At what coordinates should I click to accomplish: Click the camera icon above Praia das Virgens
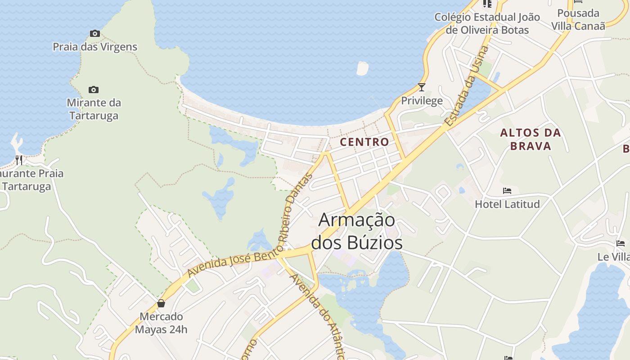click(94, 33)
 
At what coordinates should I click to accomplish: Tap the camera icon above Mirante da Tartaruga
click(94, 90)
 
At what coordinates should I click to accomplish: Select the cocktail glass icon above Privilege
click(422, 87)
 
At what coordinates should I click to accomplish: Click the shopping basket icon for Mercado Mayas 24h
click(161, 303)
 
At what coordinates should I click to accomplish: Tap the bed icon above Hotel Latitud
click(507, 191)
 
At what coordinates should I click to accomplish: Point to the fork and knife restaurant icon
click(19, 160)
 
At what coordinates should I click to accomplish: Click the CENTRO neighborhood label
click(364, 142)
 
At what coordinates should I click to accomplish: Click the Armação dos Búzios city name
click(357, 231)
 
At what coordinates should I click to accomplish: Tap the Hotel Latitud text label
click(507, 204)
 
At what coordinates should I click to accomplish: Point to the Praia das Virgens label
click(94, 47)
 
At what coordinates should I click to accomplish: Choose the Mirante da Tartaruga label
click(94, 109)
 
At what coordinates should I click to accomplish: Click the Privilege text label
click(422, 101)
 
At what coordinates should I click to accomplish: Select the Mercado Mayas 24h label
click(161, 323)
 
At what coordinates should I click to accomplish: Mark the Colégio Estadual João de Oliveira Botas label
click(487, 23)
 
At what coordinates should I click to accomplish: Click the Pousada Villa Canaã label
click(578, 19)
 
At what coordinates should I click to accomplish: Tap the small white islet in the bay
click(362, 68)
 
